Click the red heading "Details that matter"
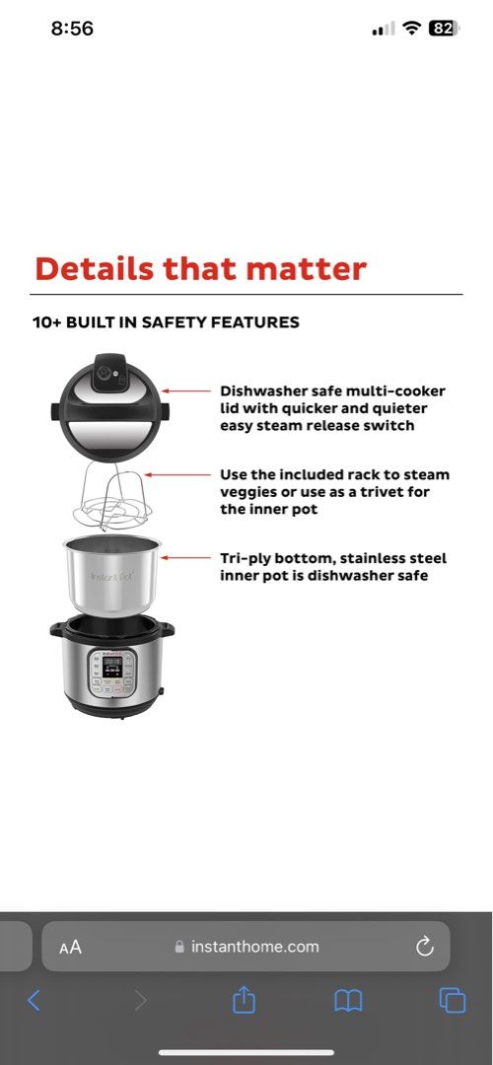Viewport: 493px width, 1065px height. (200, 268)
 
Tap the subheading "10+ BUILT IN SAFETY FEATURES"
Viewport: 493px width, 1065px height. (166, 322)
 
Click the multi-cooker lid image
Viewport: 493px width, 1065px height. (110, 404)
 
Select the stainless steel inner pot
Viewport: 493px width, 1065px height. (109, 575)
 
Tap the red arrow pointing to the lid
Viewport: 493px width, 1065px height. (187, 391)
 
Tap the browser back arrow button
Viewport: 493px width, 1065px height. (34, 1001)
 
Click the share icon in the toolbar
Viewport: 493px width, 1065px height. (244, 1000)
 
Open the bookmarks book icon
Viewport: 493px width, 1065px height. (348, 1001)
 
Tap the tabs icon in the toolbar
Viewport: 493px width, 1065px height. (453, 1000)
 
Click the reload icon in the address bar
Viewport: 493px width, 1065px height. (424, 947)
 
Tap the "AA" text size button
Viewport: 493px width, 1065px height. (70, 948)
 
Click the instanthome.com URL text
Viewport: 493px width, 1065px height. (254, 947)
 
